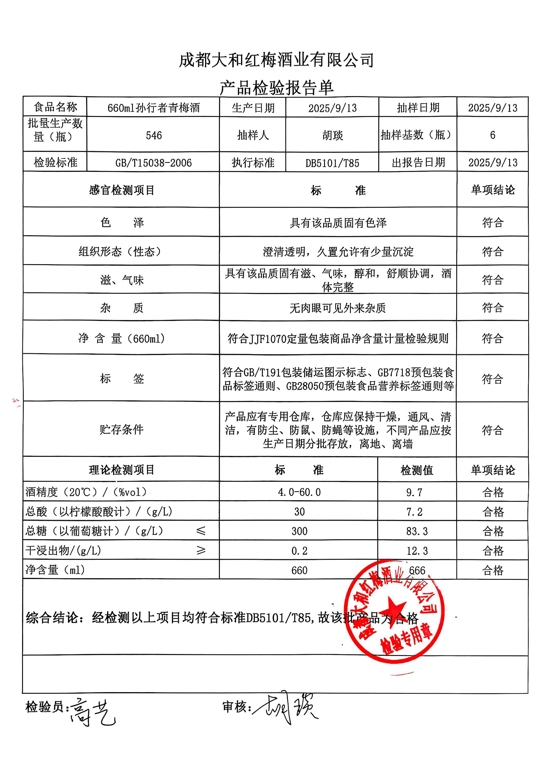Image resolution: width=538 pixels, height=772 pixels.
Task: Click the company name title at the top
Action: click(x=276, y=60)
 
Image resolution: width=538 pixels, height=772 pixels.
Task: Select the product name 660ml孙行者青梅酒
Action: click(x=153, y=108)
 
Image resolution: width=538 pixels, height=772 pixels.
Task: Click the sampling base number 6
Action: click(x=492, y=135)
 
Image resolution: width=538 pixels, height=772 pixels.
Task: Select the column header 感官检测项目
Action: click(x=121, y=190)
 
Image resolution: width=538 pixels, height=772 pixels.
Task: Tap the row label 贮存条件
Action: click(x=121, y=429)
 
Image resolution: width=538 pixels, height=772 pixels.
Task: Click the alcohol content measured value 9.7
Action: click(x=414, y=492)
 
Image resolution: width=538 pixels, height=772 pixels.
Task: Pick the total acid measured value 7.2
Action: click(x=414, y=512)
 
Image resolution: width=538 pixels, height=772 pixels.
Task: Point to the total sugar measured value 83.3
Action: click(x=417, y=531)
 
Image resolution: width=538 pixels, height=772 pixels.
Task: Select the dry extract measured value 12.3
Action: click(x=417, y=551)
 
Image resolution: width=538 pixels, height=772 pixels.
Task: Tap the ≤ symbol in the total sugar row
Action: click(x=201, y=531)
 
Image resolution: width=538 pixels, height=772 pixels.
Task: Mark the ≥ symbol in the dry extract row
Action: click(x=201, y=550)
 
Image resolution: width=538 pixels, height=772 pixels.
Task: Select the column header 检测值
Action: click(x=417, y=470)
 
